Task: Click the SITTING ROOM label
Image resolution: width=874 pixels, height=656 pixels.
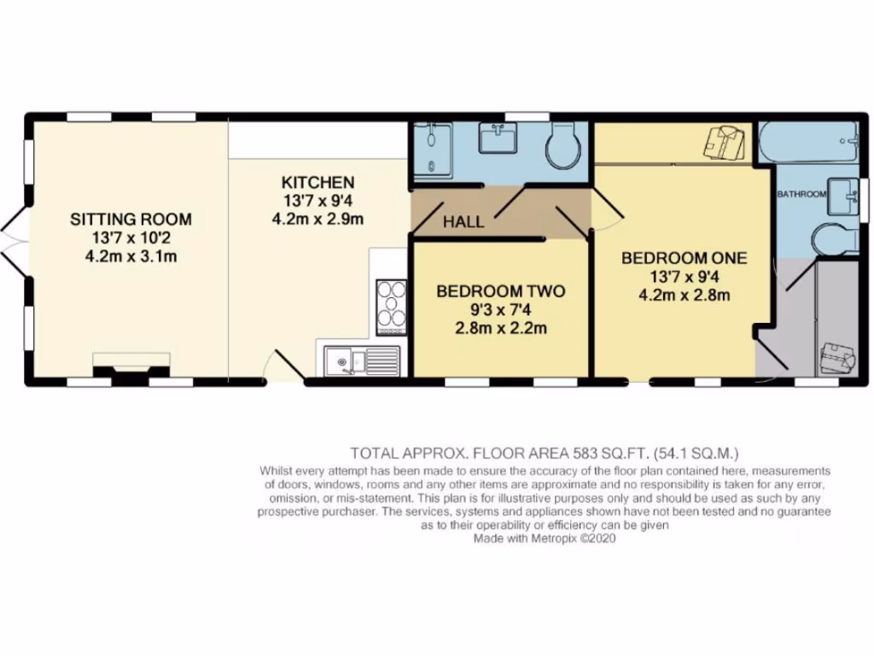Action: coord(131,220)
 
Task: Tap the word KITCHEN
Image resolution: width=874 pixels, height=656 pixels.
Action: coord(318,182)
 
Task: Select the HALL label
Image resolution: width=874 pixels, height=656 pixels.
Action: coord(463,222)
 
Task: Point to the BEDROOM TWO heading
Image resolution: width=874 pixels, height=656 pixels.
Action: coord(500,291)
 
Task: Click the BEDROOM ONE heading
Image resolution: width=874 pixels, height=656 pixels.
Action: coord(684,257)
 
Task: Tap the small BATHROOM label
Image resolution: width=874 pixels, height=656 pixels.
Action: coord(801,195)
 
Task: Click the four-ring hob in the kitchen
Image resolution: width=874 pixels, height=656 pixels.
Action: coord(392,306)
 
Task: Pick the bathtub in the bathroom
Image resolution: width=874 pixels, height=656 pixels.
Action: coord(808,143)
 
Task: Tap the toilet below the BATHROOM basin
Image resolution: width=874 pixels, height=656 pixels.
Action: coord(831,238)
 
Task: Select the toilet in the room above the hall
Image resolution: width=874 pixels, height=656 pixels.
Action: coord(564,146)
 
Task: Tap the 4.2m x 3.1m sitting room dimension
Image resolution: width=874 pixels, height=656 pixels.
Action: coord(131,256)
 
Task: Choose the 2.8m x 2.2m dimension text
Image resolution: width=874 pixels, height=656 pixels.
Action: coord(500,328)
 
